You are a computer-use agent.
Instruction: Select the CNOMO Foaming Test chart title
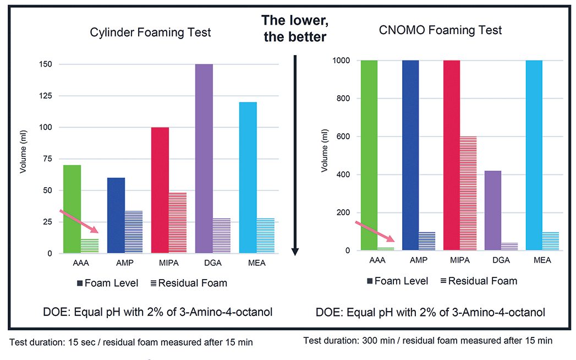click(441, 30)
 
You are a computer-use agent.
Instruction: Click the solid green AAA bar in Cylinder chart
click(72, 209)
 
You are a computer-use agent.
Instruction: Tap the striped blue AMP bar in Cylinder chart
click(134, 232)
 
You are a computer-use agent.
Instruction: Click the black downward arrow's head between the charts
click(295, 251)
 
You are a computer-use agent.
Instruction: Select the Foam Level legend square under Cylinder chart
click(80, 283)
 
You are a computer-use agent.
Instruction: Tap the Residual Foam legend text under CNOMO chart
click(482, 281)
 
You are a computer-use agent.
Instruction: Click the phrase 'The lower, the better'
click(294, 29)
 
